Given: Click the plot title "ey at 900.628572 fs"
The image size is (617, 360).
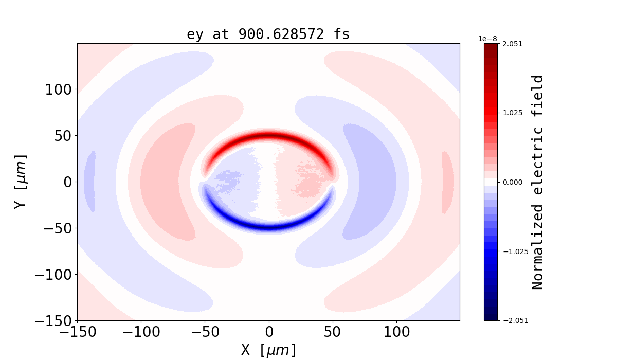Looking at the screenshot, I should (268, 34).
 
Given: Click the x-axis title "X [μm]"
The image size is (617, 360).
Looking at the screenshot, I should (268, 350).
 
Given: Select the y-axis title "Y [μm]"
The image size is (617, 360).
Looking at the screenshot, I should (20, 182).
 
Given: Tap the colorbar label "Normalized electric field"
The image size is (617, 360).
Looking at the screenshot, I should (537, 182).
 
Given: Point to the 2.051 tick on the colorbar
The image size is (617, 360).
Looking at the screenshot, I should (512, 44).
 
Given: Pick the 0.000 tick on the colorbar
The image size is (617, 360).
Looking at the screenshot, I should (512, 182).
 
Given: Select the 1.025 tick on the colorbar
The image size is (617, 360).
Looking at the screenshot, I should (512, 113).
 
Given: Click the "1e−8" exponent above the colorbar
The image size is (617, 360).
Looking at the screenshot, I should (487, 39).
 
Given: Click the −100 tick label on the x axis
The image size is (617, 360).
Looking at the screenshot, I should (141, 332).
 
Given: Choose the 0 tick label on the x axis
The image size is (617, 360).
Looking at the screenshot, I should (268, 332).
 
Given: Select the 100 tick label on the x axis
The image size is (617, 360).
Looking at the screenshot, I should (396, 332).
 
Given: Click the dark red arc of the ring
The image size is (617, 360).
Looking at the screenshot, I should (268, 136).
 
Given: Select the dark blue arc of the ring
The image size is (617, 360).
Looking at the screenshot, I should (268, 227).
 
